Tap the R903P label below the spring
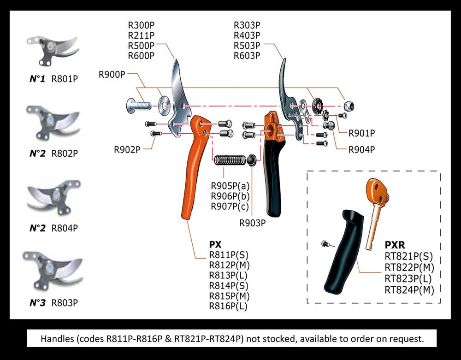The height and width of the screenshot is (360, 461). pyautogui.click(x=252, y=223)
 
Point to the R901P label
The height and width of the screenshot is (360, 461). pyautogui.click(x=361, y=133)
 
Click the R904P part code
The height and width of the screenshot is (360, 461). pyautogui.click(x=361, y=149)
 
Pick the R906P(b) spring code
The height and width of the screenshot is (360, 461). pyautogui.click(x=230, y=196)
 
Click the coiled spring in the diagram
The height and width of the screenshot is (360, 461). pyautogui.click(x=229, y=160)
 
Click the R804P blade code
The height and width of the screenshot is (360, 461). pyautogui.click(x=64, y=228)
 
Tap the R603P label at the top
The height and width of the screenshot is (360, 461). pyautogui.click(x=247, y=56)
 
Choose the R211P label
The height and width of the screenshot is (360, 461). pyautogui.click(x=141, y=35)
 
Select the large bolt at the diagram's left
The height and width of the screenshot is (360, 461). pyautogui.click(x=137, y=106)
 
